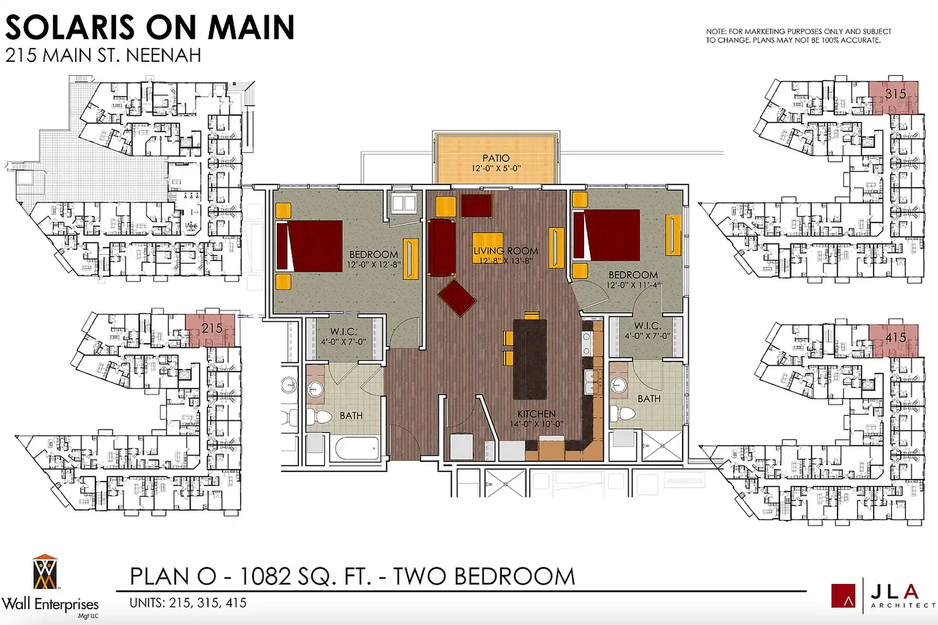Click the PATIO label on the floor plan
(496, 158)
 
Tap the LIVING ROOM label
(506, 251)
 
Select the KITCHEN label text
(536, 414)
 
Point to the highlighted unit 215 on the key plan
(210, 330)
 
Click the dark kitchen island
(530, 359)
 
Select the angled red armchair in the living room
(457, 297)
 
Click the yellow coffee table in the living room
(488, 248)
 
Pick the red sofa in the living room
(442, 247)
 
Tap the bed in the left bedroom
(309, 246)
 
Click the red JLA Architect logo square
(843, 595)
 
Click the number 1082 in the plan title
(264, 577)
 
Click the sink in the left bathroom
(316, 387)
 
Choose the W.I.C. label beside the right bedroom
(647, 326)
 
